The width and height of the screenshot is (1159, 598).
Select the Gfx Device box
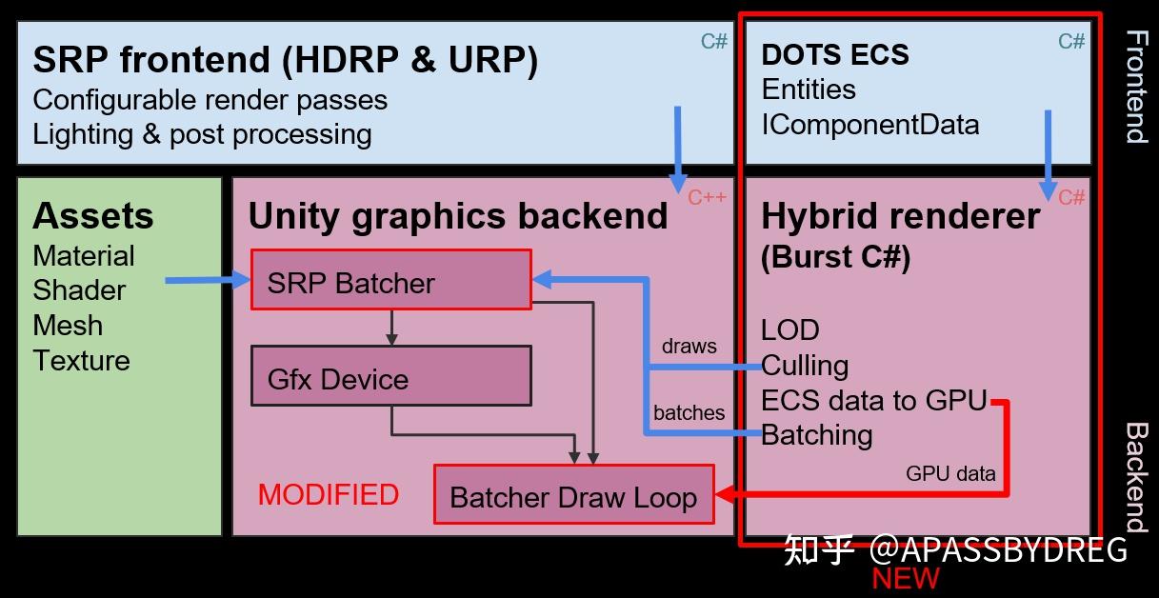[x=390, y=376]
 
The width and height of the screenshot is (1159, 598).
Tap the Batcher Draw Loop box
[x=573, y=494]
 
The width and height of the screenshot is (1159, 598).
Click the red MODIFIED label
[x=328, y=495]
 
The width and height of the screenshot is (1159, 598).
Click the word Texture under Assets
[x=81, y=361]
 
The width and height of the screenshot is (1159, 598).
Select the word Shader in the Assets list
[x=79, y=290]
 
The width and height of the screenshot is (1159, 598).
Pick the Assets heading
[x=92, y=216]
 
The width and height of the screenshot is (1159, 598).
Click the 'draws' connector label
[x=689, y=347]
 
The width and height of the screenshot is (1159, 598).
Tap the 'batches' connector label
[x=689, y=413]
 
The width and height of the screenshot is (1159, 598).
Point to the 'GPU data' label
[x=949, y=473]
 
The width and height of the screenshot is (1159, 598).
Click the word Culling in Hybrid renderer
[x=805, y=366]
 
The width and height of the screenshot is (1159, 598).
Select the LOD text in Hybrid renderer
[x=789, y=330]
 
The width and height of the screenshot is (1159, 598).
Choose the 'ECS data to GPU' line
[x=873, y=400]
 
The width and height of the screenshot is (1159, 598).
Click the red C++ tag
[x=707, y=197]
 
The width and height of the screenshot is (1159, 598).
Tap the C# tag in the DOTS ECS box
[x=1071, y=41]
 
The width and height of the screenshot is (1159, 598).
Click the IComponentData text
[x=869, y=125]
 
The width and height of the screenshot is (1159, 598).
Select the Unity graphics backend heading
[x=458, y=216]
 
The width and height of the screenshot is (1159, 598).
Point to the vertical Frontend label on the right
[x=1136, y=86]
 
